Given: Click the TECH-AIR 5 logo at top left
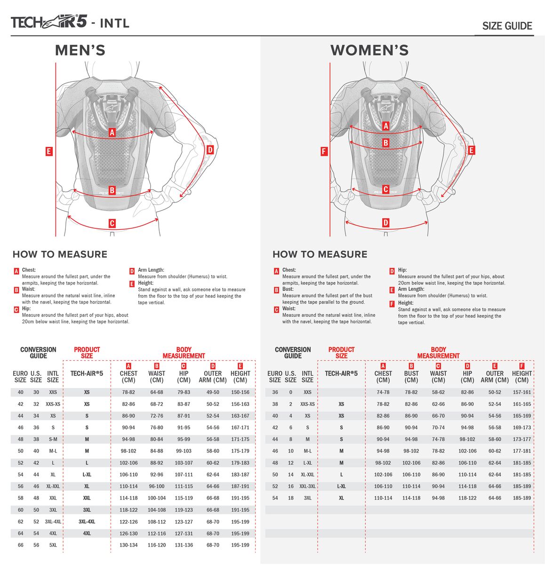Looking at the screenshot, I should point(49,22).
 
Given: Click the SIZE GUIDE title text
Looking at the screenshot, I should point(507,26).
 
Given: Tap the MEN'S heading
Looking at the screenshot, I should point(80,50).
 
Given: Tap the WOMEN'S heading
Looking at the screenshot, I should point(369,50).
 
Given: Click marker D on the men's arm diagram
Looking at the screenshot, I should point(210,150).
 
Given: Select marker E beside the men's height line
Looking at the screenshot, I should point(49,152).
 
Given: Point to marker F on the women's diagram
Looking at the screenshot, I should point(324,152).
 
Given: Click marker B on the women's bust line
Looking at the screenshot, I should point(385,143).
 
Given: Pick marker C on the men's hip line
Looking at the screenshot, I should point(112,224).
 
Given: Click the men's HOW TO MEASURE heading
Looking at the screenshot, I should point(60,254).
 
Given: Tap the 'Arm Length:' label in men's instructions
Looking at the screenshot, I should point(151,270).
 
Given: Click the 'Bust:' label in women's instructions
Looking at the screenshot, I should point(288,289).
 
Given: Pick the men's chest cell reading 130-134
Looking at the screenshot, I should point(128,545).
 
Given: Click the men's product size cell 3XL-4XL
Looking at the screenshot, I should point(87,522).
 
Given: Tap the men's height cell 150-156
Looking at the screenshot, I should point(240,392).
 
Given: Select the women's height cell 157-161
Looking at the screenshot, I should point(521,392).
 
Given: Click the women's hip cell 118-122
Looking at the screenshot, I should point(467,498).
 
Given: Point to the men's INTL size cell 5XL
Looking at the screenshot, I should point(53,545).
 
